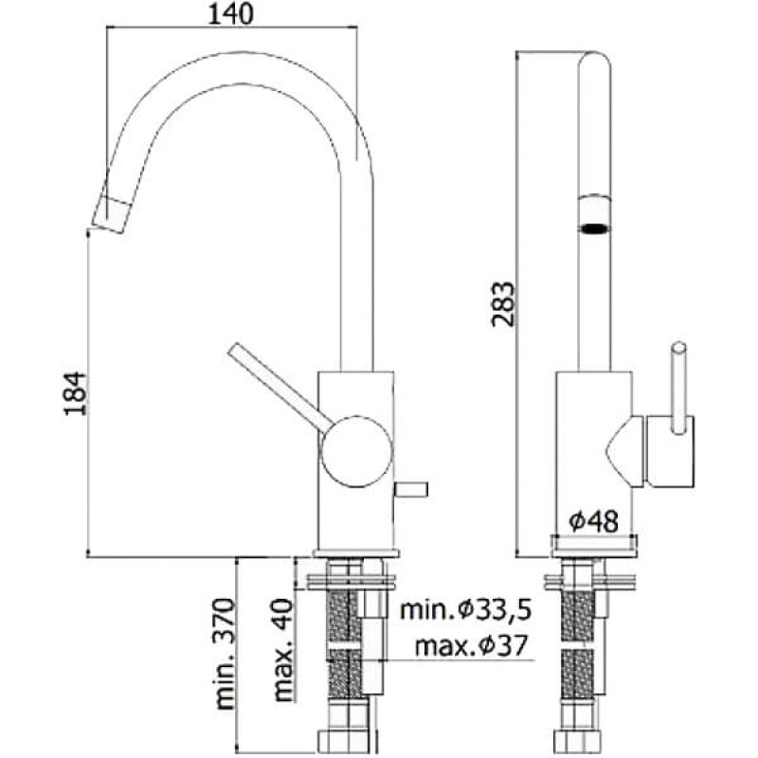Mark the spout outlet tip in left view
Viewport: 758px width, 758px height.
[113, 215]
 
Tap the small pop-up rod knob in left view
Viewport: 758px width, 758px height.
[413, 490]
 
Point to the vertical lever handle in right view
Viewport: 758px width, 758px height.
[679, 388]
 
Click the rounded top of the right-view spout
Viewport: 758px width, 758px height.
[594, 62]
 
